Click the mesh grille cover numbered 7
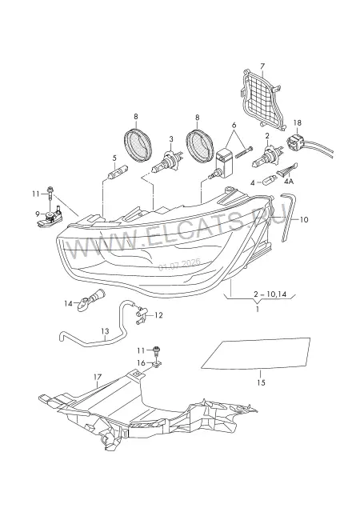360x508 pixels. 263,99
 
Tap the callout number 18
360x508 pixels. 297,122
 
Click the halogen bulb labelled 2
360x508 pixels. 266,157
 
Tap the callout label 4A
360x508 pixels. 288,182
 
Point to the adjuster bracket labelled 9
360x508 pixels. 50,218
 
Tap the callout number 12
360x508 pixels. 158,315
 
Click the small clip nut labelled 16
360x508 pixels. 156,365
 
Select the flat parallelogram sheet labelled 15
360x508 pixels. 256,354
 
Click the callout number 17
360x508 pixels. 98,377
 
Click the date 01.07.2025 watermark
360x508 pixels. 179,264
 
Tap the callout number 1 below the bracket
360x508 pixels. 258,309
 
